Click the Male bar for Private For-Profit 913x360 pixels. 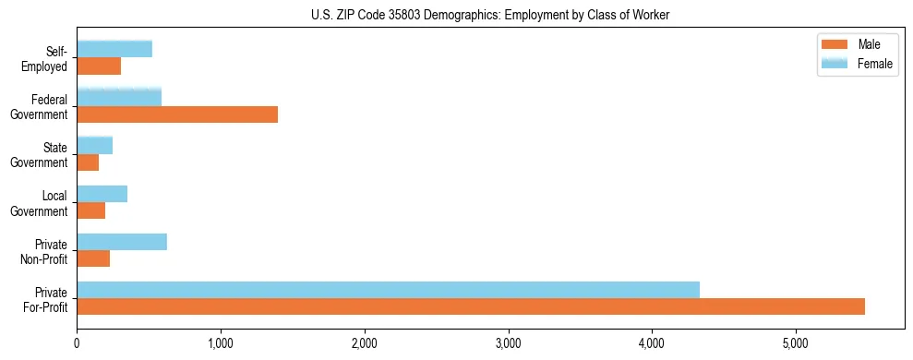(x=471, y=306)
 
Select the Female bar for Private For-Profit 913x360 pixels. (x=388, y=290)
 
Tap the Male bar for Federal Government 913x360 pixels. (x=177, y=114)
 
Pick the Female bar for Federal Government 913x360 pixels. (x=119, y=98)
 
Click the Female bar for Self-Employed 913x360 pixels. (x=114, y=50)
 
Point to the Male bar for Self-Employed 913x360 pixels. (x=99, y=66)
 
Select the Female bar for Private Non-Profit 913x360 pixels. (x=122, y=242)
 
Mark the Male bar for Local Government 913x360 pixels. (x=90, y=210)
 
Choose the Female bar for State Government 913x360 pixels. (x=94, y=146)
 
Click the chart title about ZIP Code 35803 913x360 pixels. (x=490, y=14)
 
